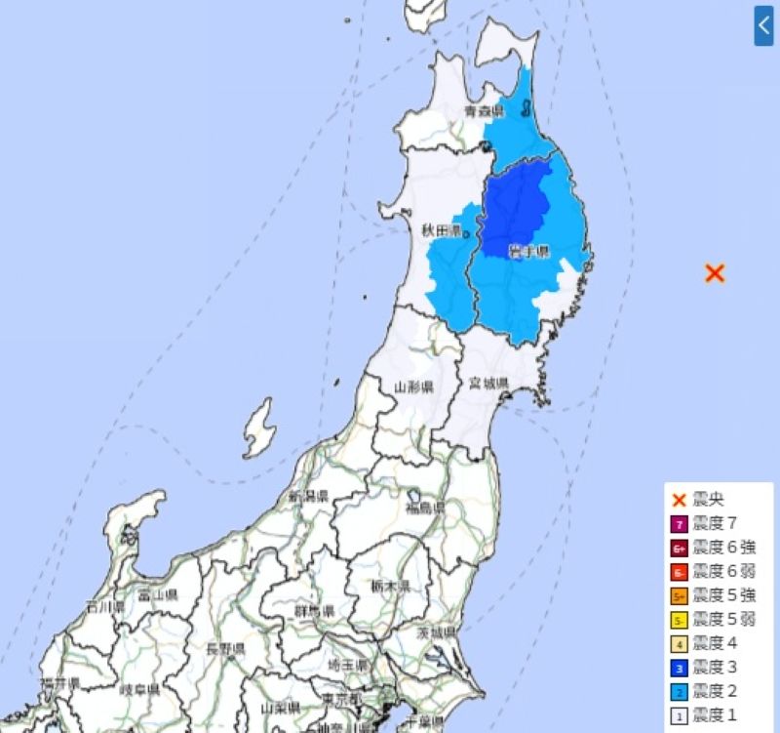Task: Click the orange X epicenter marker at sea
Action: (715, 273)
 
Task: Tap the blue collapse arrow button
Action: (763, 26)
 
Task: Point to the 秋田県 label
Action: (441, 230)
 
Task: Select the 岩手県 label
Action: (528, 252)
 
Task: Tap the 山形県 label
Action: (413, 387)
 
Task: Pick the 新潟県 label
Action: (307, 497)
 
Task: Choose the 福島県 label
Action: (426, 508)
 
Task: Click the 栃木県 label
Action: (390, 586)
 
